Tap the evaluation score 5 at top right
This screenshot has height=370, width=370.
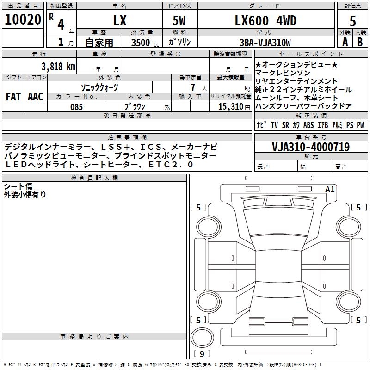pyautogui.click(x=352, y=21)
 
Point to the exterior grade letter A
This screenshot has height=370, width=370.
pyautogui.click(x=345, y=42)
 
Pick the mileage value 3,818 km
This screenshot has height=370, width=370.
pyautogui.click(x=58, y=66)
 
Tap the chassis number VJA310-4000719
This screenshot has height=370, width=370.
pyautogui.click(x=311, y=147)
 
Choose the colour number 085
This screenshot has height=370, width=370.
pyautogui.click(x=76, y=106)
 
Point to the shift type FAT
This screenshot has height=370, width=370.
pyautogui.click(x=13, y=97)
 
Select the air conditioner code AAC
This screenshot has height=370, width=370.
pyautogui.click(x=36, y=97)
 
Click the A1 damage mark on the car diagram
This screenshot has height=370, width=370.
pyautogui.click(x=330, y=189)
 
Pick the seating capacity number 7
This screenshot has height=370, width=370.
pyautogui.click(x=191, y=88)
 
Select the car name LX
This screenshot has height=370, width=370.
pyautogui.click(x=120, y=20)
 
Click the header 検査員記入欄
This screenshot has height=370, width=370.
pyautogui.click(x=94, y=178)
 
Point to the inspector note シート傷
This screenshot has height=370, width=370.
pyautogui.click(x=18, y=186)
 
